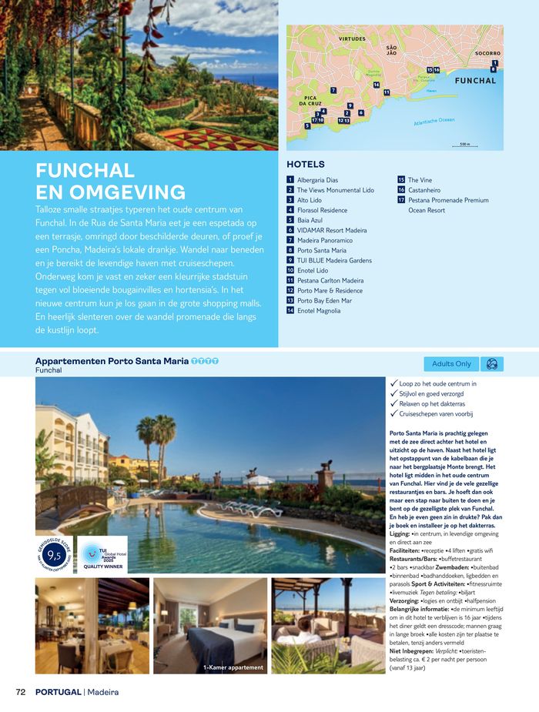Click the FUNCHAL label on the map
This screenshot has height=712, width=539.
[x=475, y=81]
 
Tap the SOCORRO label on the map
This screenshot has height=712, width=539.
[x=487, y=53]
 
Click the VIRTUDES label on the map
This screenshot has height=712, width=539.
[x=352, y=38]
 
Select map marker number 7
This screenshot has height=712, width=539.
[x=333, y=90]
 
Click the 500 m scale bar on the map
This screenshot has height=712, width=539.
[x=464, y=145]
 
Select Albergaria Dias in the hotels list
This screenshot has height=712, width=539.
[x=317, y=180]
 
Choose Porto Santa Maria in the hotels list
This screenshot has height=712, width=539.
[x=322, y=250]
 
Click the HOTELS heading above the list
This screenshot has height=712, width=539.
[x=306, y=164]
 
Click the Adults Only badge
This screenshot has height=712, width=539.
[x=451, y=363]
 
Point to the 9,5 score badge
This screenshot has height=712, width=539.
[x=54, y=555]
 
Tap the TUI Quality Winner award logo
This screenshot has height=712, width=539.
[x=102, y=556]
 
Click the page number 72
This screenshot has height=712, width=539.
[x=21, y=692]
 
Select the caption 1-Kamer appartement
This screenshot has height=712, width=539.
[x=233, y=667]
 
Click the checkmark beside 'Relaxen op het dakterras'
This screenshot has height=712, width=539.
[x=394, y=403]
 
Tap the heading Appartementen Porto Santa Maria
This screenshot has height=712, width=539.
[x=111, y=361]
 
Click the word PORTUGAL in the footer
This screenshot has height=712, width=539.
[x=58, y=692]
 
